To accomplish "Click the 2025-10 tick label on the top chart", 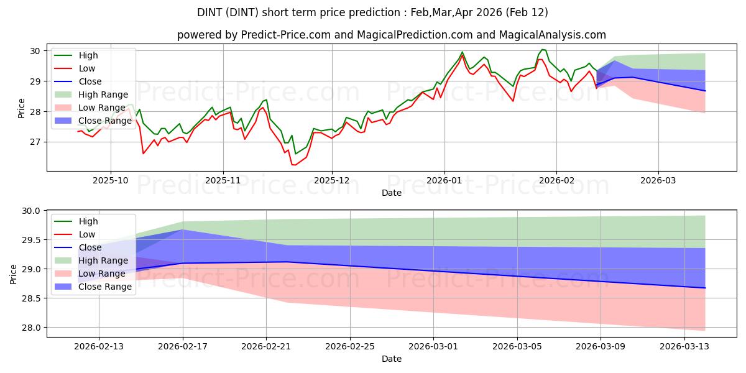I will coord(111,180).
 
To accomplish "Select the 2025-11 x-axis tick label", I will coord(223,180).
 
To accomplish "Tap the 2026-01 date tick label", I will coord(444,180).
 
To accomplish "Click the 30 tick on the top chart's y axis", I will coord(35,51).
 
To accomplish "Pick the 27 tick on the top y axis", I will coord(35,142).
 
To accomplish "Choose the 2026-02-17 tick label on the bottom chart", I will coord(183,346).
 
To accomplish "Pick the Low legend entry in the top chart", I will coord(88,68).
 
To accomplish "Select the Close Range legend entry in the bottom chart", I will coord(106,287).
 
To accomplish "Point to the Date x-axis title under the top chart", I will coord(392,193).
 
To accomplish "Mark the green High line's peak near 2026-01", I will coord(462,52).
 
